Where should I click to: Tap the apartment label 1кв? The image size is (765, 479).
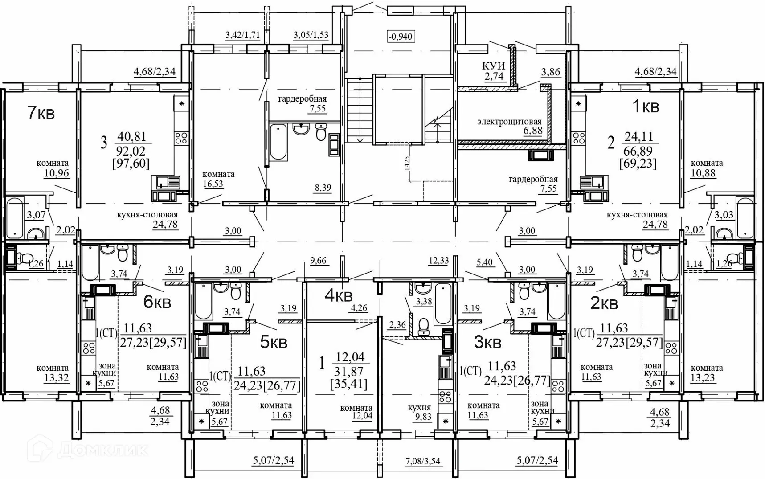(x=646, y=106)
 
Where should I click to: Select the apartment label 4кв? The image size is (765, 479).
(x=339, y=295)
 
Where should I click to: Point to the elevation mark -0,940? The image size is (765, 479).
(x=401, y=36)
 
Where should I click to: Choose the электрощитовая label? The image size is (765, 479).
(x=509, y=121)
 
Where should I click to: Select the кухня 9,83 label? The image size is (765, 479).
(x=420, y=412)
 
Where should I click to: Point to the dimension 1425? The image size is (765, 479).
(x=407, y=164)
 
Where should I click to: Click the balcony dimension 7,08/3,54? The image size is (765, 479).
(x=423, y=461)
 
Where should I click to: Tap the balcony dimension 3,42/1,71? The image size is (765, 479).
(x=243, y=35)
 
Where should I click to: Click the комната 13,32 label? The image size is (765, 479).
(x=53, y=373)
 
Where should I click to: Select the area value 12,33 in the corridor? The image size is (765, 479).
(x=438, y=261)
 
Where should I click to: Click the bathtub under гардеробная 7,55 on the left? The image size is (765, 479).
(x=278, y=142)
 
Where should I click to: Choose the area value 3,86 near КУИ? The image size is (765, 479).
(x=551, y=72)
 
